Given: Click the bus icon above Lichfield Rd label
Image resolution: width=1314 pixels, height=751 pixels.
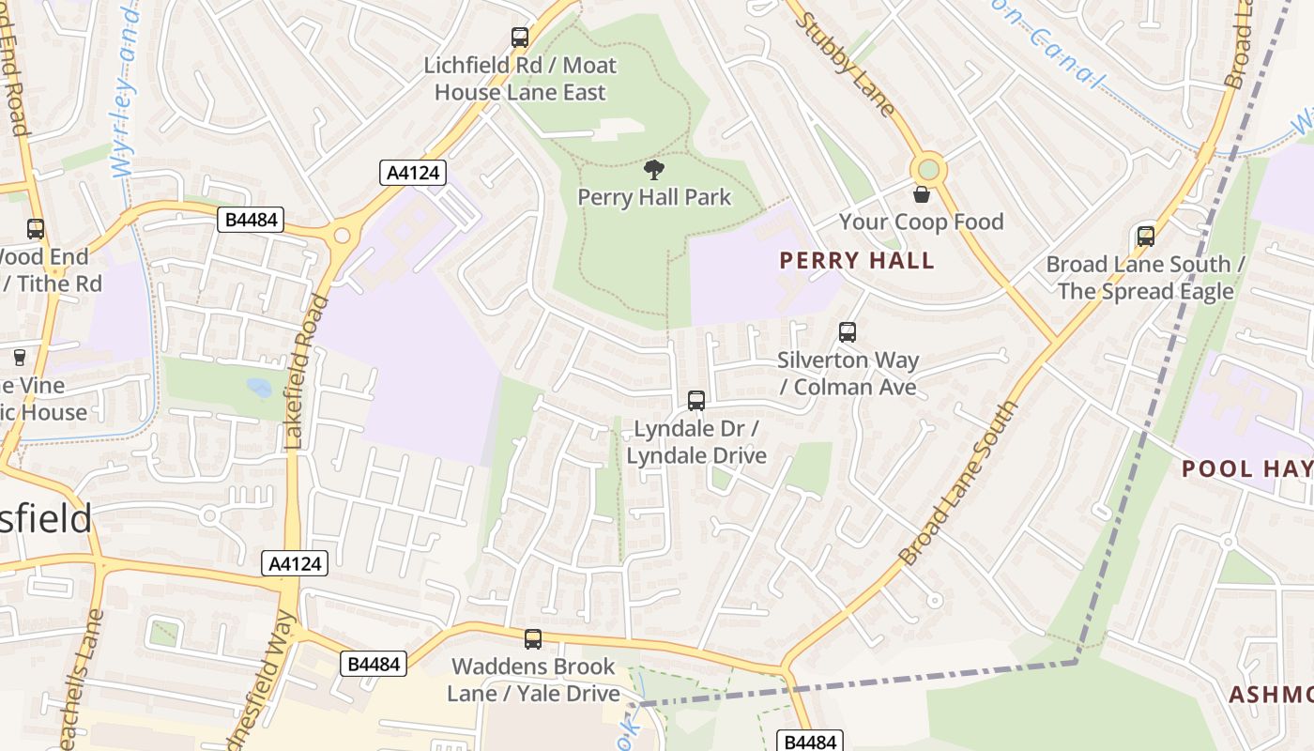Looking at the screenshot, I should coord(520,38).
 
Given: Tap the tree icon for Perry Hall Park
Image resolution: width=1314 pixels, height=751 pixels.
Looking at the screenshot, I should coord(654,170).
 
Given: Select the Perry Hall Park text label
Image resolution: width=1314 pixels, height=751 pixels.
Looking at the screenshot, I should coord(653,197).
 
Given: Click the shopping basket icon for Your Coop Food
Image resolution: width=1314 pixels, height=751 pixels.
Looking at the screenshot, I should coord(922,194).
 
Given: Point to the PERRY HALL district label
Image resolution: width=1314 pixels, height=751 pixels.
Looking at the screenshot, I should coord(857,260).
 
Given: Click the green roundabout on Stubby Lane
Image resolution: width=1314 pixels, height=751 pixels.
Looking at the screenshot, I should coord(928,170).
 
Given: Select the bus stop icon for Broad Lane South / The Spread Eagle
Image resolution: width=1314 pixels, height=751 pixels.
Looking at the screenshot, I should coord(1146,236).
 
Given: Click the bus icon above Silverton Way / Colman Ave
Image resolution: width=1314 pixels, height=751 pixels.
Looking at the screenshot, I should coord(848,331).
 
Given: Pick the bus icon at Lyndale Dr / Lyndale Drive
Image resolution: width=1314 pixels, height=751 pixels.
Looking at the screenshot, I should coord(696,401).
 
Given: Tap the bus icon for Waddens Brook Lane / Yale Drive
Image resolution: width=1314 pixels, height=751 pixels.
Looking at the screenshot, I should coord(533,639).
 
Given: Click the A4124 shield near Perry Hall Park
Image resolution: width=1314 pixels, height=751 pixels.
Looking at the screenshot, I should coord(412,173).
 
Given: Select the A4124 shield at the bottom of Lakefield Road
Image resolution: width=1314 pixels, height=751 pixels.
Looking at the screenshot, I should coord(295,563).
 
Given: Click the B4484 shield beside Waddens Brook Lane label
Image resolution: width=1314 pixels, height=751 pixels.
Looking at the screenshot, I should coord(374,664).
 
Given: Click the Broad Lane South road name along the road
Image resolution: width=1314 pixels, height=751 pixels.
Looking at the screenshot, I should coord(958,483).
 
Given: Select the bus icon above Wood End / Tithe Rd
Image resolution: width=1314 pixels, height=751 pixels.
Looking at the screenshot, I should coord(36,229).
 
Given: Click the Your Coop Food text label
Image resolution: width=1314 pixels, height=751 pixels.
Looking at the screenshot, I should coord(921,222).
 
